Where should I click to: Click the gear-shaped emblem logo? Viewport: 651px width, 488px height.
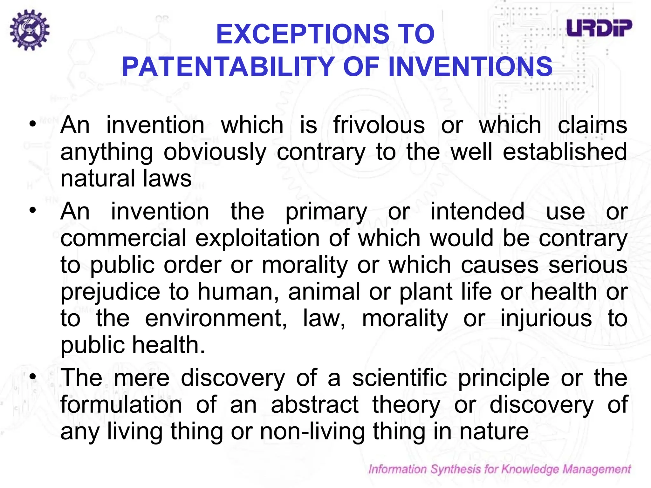[29, 30]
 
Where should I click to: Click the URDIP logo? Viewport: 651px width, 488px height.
[599, 28]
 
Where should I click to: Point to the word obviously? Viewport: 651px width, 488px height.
[215, 152]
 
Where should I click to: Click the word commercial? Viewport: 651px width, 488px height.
[123, 238]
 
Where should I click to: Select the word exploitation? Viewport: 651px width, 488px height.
[257, 238]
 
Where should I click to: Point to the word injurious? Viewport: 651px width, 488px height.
[546, 318]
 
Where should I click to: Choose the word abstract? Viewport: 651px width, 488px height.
[315, 404]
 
